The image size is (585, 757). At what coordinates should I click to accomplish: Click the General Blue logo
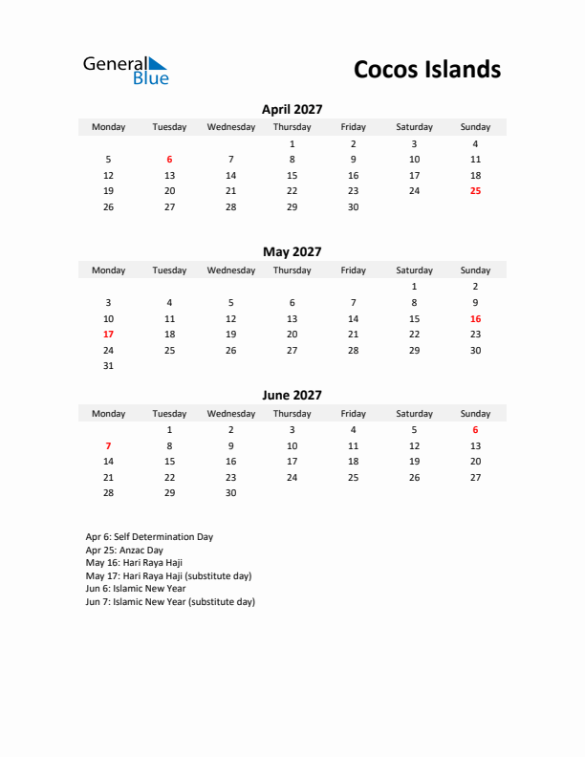(x=125, y=70)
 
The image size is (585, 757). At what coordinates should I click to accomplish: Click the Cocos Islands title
(x=426, y=69)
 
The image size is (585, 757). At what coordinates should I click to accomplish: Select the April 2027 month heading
(x=292, y=109)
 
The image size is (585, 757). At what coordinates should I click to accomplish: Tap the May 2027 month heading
(x=292, y=252)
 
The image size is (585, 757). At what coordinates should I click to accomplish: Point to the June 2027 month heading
(x=292, y=395)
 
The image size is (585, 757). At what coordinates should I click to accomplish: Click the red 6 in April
(x=169, y=160)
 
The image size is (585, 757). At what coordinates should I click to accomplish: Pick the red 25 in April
(x=475, y=191)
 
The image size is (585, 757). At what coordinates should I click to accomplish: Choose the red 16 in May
(x=475, y=318)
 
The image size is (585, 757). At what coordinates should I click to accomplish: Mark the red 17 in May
(x=108, y=335)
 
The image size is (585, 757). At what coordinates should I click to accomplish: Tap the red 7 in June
(x=108, y=445)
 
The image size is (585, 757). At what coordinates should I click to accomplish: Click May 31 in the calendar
(x=108, y=366)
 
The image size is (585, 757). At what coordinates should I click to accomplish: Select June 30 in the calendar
(x=230, y=493)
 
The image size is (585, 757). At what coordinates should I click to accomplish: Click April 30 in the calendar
(x=353, y=206)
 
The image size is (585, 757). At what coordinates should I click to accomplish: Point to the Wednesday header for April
(x=230, y=127)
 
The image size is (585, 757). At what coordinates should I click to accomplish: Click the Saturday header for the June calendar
(x=414, y=414)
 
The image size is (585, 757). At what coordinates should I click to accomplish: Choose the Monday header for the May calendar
(x=108, y=270)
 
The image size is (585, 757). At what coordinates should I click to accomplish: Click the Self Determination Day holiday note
(x=149, y=537)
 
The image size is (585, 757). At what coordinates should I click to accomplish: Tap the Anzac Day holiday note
(x=124, y=551)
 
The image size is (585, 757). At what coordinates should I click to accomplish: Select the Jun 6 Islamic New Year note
(x=135, y=589)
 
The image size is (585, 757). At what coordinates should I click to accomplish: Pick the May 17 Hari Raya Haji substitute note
(x=168, y=576)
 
